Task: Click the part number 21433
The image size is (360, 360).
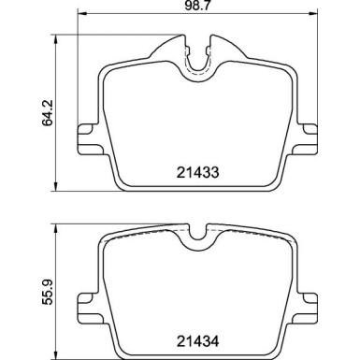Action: (x=199, y=172)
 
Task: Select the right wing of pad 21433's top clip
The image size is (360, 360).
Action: (x=229, y=48)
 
